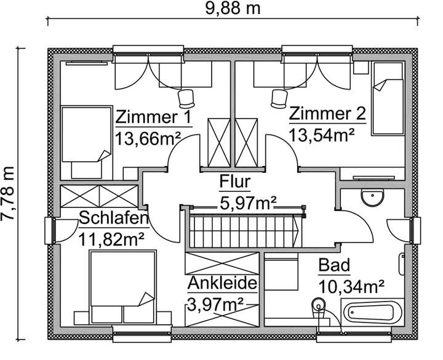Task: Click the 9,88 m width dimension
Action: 230,9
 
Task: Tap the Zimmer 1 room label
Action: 154,118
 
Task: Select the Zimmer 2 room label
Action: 328,114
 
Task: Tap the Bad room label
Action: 334,266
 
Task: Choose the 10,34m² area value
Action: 351,286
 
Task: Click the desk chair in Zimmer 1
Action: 185,97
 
